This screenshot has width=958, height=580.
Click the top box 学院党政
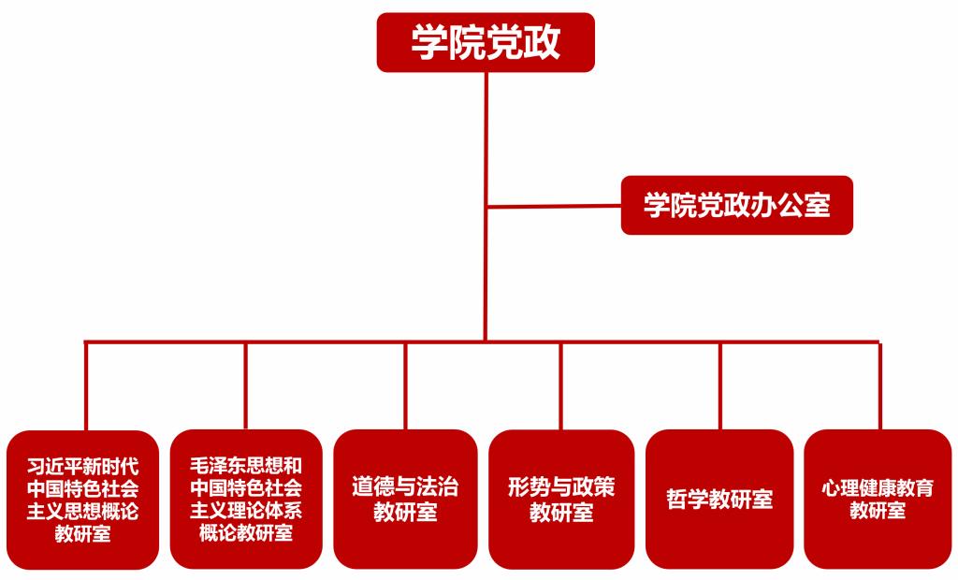pyautogui.click(x=486, y=42)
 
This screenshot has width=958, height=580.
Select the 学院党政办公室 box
pyautogui.click(x=736, y=205)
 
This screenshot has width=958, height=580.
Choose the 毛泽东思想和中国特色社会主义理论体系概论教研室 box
pyautogui.click(x=246, y=499)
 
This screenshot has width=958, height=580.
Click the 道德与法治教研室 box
pyautogui.click(x=405, y=499)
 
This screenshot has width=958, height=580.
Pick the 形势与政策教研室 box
pyautogui.click(x=561, y=499)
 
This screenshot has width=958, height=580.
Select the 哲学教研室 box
pyautogui.click(x=719, y=499)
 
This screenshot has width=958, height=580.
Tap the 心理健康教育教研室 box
pyautogui.click(x=878, y=499)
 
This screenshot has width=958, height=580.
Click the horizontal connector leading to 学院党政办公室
pyautogui.click(x=554, y=206)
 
